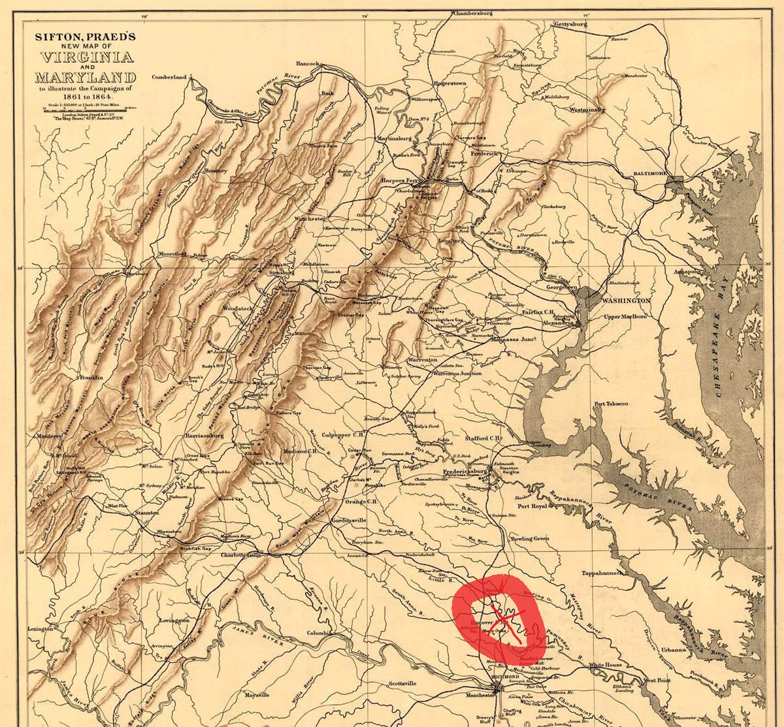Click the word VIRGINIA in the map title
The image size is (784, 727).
point(88,56)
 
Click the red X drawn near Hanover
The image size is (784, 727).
point(506,619)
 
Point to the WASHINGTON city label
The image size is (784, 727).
point(625,300)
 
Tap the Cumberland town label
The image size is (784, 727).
point(169,77)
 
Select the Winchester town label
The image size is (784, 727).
point(310,219)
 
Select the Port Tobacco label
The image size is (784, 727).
point(611,404)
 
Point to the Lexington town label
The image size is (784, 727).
point(40,628)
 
